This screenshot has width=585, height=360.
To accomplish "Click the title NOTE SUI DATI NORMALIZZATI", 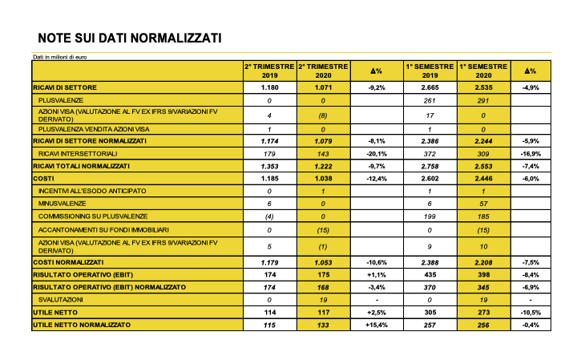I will click(130, 38).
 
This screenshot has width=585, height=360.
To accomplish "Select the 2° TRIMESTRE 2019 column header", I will click(269, 71).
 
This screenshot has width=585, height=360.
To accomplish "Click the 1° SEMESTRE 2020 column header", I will click(483, 71).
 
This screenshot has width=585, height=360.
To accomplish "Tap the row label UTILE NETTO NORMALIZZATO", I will click(82, 325).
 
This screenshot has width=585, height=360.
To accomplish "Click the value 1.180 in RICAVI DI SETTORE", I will click(269, 86).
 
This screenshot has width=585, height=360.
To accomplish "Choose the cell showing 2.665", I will click(430, 86).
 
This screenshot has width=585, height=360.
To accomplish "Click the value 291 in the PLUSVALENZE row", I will click(483, 100).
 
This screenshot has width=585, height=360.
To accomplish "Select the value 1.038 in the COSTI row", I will click(322, 178).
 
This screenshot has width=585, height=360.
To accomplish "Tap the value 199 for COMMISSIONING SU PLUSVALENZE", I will click(430, 216).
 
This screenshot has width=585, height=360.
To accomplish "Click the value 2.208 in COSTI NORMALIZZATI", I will click(483, 261).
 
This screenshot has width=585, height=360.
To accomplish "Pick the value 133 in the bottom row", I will click(322, 325).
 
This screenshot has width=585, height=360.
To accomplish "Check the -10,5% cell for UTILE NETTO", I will click(530, 311).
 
